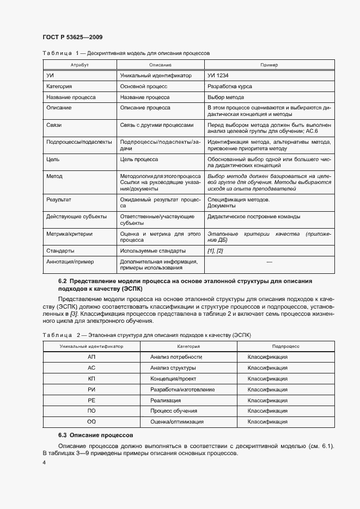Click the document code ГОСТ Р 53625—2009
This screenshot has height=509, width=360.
click(72, 37)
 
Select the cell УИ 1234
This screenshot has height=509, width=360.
click(218, 76)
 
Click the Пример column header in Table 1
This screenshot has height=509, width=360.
click(269, 65)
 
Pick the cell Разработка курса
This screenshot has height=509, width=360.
click(229, 87)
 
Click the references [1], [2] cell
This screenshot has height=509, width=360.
click(215, 251)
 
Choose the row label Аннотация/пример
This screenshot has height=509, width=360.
click(70, 262)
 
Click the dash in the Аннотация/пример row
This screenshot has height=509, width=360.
click(269, 262)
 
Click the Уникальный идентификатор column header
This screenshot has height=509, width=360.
click(91, 346)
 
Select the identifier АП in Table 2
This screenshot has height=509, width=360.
click(91, 357)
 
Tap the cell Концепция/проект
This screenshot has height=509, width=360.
click(170, 379)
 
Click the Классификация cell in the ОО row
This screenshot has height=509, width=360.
click(267, 422)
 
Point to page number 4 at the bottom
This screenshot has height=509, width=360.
click(44, 463)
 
